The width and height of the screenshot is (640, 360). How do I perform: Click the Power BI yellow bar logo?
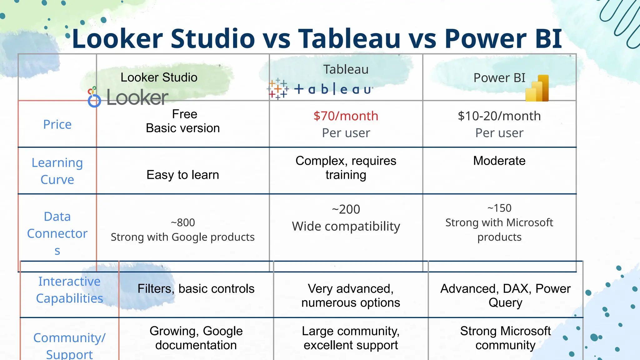point(537,89)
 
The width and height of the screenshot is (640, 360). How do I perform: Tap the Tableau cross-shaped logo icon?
point(277,89)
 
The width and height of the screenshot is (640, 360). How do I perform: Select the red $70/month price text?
point(346,116)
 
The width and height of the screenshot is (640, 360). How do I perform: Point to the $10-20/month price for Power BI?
point(499,116)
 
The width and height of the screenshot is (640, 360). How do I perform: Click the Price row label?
point(57,125)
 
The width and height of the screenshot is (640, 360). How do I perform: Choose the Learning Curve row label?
point(57,171)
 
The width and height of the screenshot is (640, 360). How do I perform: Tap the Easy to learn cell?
point(183,175)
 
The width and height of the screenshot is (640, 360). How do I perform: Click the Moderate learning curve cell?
point(499,161)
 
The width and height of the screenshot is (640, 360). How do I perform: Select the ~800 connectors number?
point(183,223)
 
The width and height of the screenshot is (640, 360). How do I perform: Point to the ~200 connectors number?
point(346,209)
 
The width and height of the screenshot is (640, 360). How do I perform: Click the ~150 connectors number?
point(499,208)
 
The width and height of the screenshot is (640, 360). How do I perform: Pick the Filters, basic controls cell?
point(196,289)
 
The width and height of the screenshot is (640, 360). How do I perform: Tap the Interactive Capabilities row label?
point(69,290)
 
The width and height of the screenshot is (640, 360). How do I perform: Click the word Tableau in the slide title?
point(349,39)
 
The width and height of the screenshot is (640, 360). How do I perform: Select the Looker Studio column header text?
point(159,77)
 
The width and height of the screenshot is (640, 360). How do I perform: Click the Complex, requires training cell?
point(346,168)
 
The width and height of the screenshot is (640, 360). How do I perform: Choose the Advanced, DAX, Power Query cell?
point(505,296)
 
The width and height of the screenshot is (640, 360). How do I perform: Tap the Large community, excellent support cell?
point(351,338)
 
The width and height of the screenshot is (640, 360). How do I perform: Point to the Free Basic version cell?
point(183,121)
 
